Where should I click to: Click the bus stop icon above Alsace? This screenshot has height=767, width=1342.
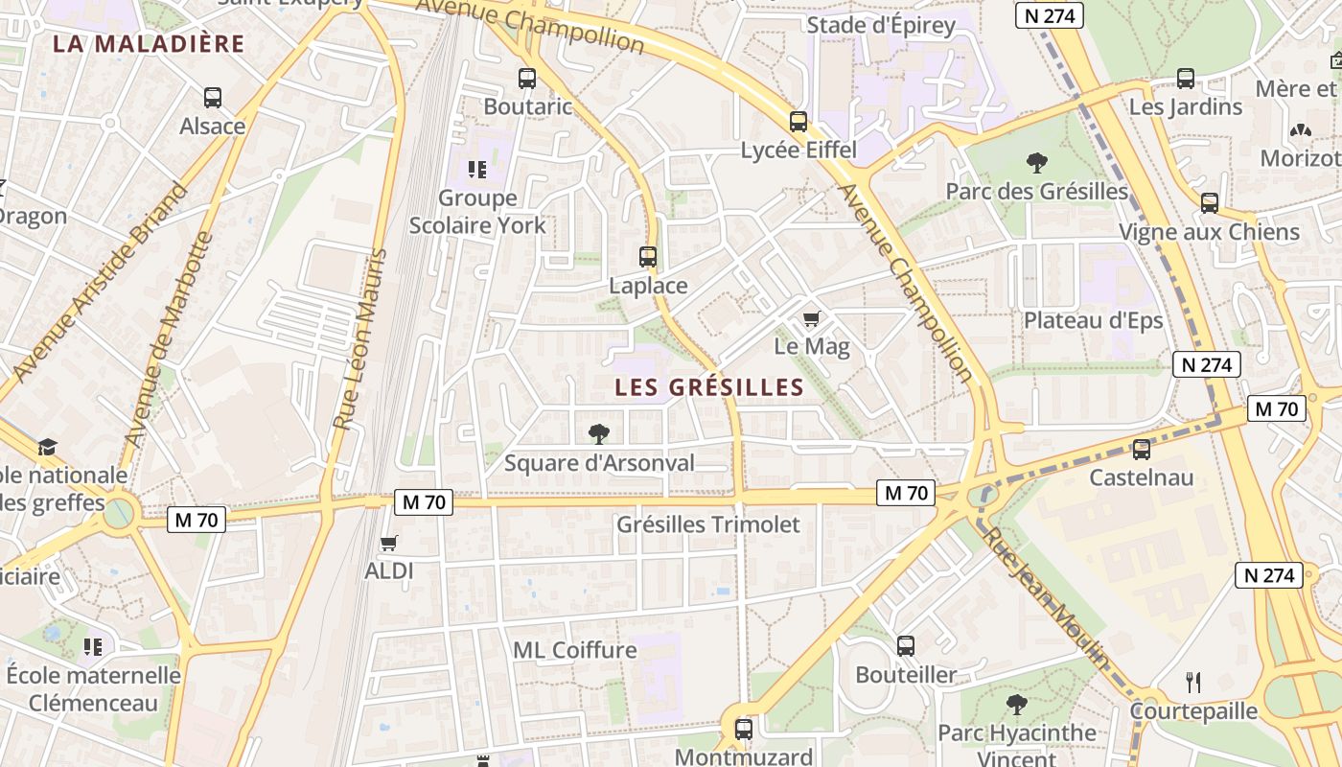[x=213, y=97]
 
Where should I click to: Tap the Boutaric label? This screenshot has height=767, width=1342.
[x=527, y=106]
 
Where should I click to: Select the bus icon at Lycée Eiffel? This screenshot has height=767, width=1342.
[x=798, y=122]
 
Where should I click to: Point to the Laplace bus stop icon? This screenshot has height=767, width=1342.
[x=648, y=257]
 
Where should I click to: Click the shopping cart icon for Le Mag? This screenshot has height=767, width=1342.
[x=812, y=318]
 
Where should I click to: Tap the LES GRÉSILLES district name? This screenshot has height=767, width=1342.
[x=709, y=387]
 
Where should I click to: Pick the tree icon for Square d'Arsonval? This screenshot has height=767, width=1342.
[x=599, y=434]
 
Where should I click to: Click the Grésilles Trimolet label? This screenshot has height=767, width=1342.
[x=707, y=524]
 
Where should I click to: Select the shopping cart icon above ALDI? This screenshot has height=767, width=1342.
[x=388, y=544]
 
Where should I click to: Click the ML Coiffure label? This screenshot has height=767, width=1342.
[x=575, y=650]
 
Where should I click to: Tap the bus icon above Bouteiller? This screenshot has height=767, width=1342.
[x=906, y=646]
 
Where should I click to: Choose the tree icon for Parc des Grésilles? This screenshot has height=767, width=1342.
[x=1036, y=163]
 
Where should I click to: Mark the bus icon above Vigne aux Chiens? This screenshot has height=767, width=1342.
[x=1210, y=203]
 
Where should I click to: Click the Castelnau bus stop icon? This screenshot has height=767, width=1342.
[x=1142, y=449]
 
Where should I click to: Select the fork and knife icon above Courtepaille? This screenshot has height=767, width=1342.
[x=1193, y=683]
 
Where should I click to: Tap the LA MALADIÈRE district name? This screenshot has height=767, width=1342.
[x=149, y=44]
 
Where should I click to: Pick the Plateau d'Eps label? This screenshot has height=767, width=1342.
[x=1093, y=320]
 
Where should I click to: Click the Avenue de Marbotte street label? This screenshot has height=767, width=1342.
[x=167, y=339]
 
